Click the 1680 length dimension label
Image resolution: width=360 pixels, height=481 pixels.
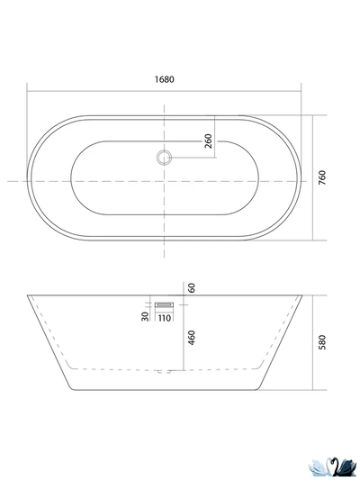tap(164, 79)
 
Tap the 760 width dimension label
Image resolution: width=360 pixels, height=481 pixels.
tap(322, 177)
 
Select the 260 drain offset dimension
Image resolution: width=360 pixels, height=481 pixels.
tap(208, 141)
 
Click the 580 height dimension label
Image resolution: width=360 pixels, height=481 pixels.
tap(322, 342)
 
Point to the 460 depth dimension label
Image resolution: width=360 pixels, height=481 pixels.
tap(192, 338)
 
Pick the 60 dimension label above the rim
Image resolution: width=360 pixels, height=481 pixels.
tap(192, 288)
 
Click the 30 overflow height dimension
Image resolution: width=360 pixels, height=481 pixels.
tap(145, 316)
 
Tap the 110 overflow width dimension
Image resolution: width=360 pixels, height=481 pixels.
tap(165, 318)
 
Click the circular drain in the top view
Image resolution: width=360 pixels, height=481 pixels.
tap(164, 158)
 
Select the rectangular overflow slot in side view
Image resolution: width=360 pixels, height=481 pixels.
tap(164, 305)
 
